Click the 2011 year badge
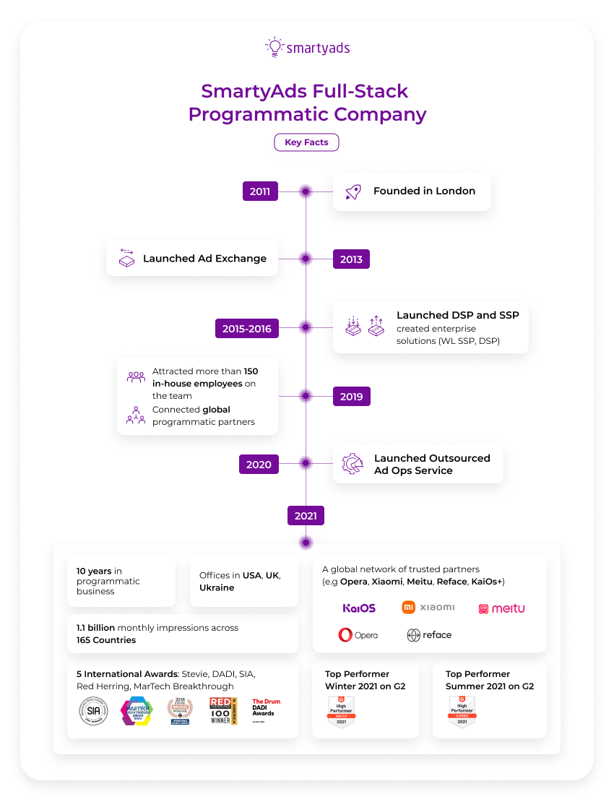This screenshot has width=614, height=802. point(260,191)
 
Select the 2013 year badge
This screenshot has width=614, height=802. point(351,259)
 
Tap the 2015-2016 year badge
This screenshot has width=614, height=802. point(247,328)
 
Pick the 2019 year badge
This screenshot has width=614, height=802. point(351,396)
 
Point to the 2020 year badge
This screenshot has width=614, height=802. point(259,464)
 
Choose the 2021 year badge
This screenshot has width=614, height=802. point(306,515)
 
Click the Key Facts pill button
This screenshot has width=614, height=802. point(306,142)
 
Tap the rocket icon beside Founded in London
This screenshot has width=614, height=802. point(353,191)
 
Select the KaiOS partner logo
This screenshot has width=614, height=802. point(359,608)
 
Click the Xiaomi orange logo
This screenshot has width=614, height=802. point(428,607)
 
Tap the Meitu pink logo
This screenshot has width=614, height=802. point(501,608)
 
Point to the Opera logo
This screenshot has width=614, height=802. point(358,635)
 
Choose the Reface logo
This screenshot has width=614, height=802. point(429,635)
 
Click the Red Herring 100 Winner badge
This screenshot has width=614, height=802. point(222,711)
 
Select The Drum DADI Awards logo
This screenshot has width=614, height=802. point(265,707)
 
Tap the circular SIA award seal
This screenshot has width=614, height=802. point(92,711)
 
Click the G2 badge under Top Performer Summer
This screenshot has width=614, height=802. point(462,712)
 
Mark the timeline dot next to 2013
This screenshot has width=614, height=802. point(306,259)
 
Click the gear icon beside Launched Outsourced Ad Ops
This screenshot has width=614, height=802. point(353,464)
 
